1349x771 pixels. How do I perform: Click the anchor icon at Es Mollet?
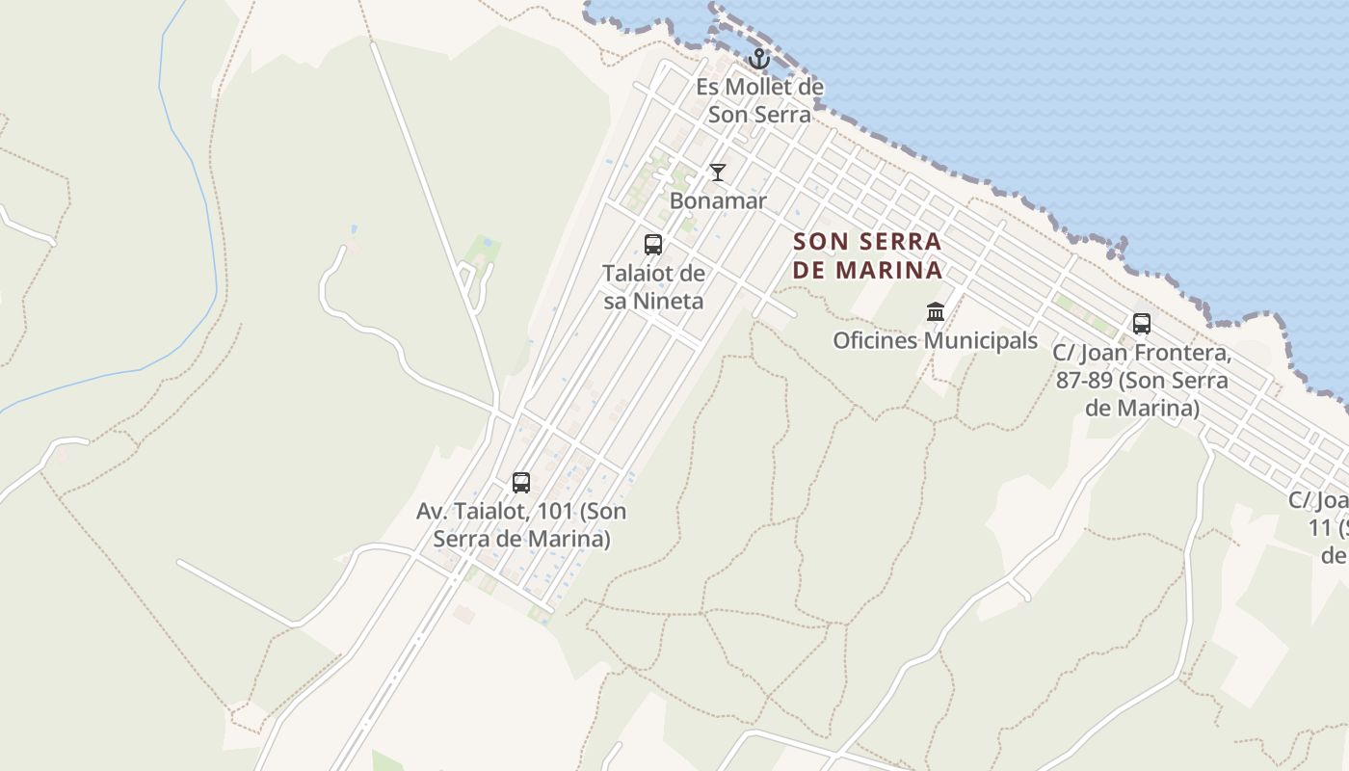click(759, 59)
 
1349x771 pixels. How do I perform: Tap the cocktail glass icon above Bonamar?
click(718, 173)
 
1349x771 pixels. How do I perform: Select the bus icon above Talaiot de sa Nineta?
click(653, 245)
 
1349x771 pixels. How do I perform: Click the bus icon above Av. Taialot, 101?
click(521, 483)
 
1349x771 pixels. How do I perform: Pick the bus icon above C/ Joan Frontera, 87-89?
click(1142, 324)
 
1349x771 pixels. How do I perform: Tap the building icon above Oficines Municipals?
click(936, 311)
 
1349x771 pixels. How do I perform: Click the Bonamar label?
click(718, 201)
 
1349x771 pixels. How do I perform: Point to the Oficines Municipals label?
click(935, 340)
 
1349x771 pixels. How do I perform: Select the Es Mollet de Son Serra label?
click(759, 100)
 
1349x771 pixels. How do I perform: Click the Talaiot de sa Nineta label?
click(653, 287)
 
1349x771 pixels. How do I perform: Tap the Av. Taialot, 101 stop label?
click(521, 525)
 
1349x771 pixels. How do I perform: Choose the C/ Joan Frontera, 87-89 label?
click(1142, 380)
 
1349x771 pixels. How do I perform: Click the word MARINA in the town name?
click(888, 270)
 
